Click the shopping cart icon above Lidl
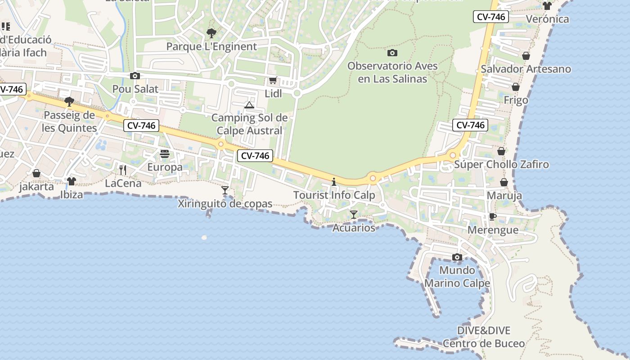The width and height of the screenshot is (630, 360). click(x=273, y=81)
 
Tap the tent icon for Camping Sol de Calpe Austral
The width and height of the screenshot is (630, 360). click(x=249, y=105)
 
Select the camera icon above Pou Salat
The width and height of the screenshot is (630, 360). click(x=135, y=76)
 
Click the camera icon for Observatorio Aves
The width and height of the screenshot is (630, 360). click(x=392, y=53)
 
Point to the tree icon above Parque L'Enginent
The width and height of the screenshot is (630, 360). click(x=211, y=33)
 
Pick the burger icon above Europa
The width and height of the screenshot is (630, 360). click(x=164, y=154)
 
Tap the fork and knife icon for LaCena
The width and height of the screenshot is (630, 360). click(x=122, y=170)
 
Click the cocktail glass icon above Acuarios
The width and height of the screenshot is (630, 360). click(x=354, y=215)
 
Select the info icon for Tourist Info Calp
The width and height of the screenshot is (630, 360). click(x=334, y=182)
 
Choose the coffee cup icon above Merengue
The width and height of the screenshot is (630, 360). click(x=493, y=216)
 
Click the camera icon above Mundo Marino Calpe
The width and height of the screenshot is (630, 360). click(x=457, y=257)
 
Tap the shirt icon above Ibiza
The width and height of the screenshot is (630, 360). click(x=72, y=181)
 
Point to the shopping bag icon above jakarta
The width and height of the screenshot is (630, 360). click(x=36, y=173)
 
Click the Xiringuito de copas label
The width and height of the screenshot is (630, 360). click(x=225, y=204)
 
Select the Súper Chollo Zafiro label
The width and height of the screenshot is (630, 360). click(x=501, y=164)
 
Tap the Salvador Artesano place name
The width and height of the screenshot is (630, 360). click(x=526, y=69)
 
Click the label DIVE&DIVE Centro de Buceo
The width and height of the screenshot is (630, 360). click(x=484, y=337)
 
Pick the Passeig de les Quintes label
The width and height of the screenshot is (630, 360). click(x=69, y=121)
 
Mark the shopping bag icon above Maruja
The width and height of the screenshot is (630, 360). click(x=504, y=182)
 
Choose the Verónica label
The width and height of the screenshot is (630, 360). click(x=547, y=19)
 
